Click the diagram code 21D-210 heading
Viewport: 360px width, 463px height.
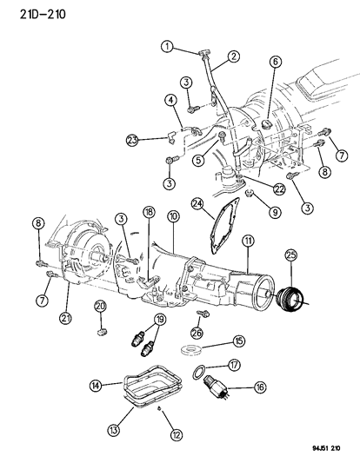pos(43,14)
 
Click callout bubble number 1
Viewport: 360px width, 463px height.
pos(168,47)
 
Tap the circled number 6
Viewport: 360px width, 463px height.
pos(276,62)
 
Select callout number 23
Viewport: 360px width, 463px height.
pos(132,140)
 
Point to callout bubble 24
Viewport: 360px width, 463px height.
pos(197,204)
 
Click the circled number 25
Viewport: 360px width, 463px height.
pos(291,255)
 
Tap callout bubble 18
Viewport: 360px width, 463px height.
pos(149,213)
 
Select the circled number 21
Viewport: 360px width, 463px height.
pos(65,318)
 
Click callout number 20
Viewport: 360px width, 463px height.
pos(100,307)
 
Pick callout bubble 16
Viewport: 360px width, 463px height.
pos(260,387)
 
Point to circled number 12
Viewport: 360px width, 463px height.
pos(177,434)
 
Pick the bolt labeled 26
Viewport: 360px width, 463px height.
pos(203,314)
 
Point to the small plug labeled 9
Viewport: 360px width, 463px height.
pos(250,194)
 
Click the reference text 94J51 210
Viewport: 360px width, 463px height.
pos(326,448)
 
